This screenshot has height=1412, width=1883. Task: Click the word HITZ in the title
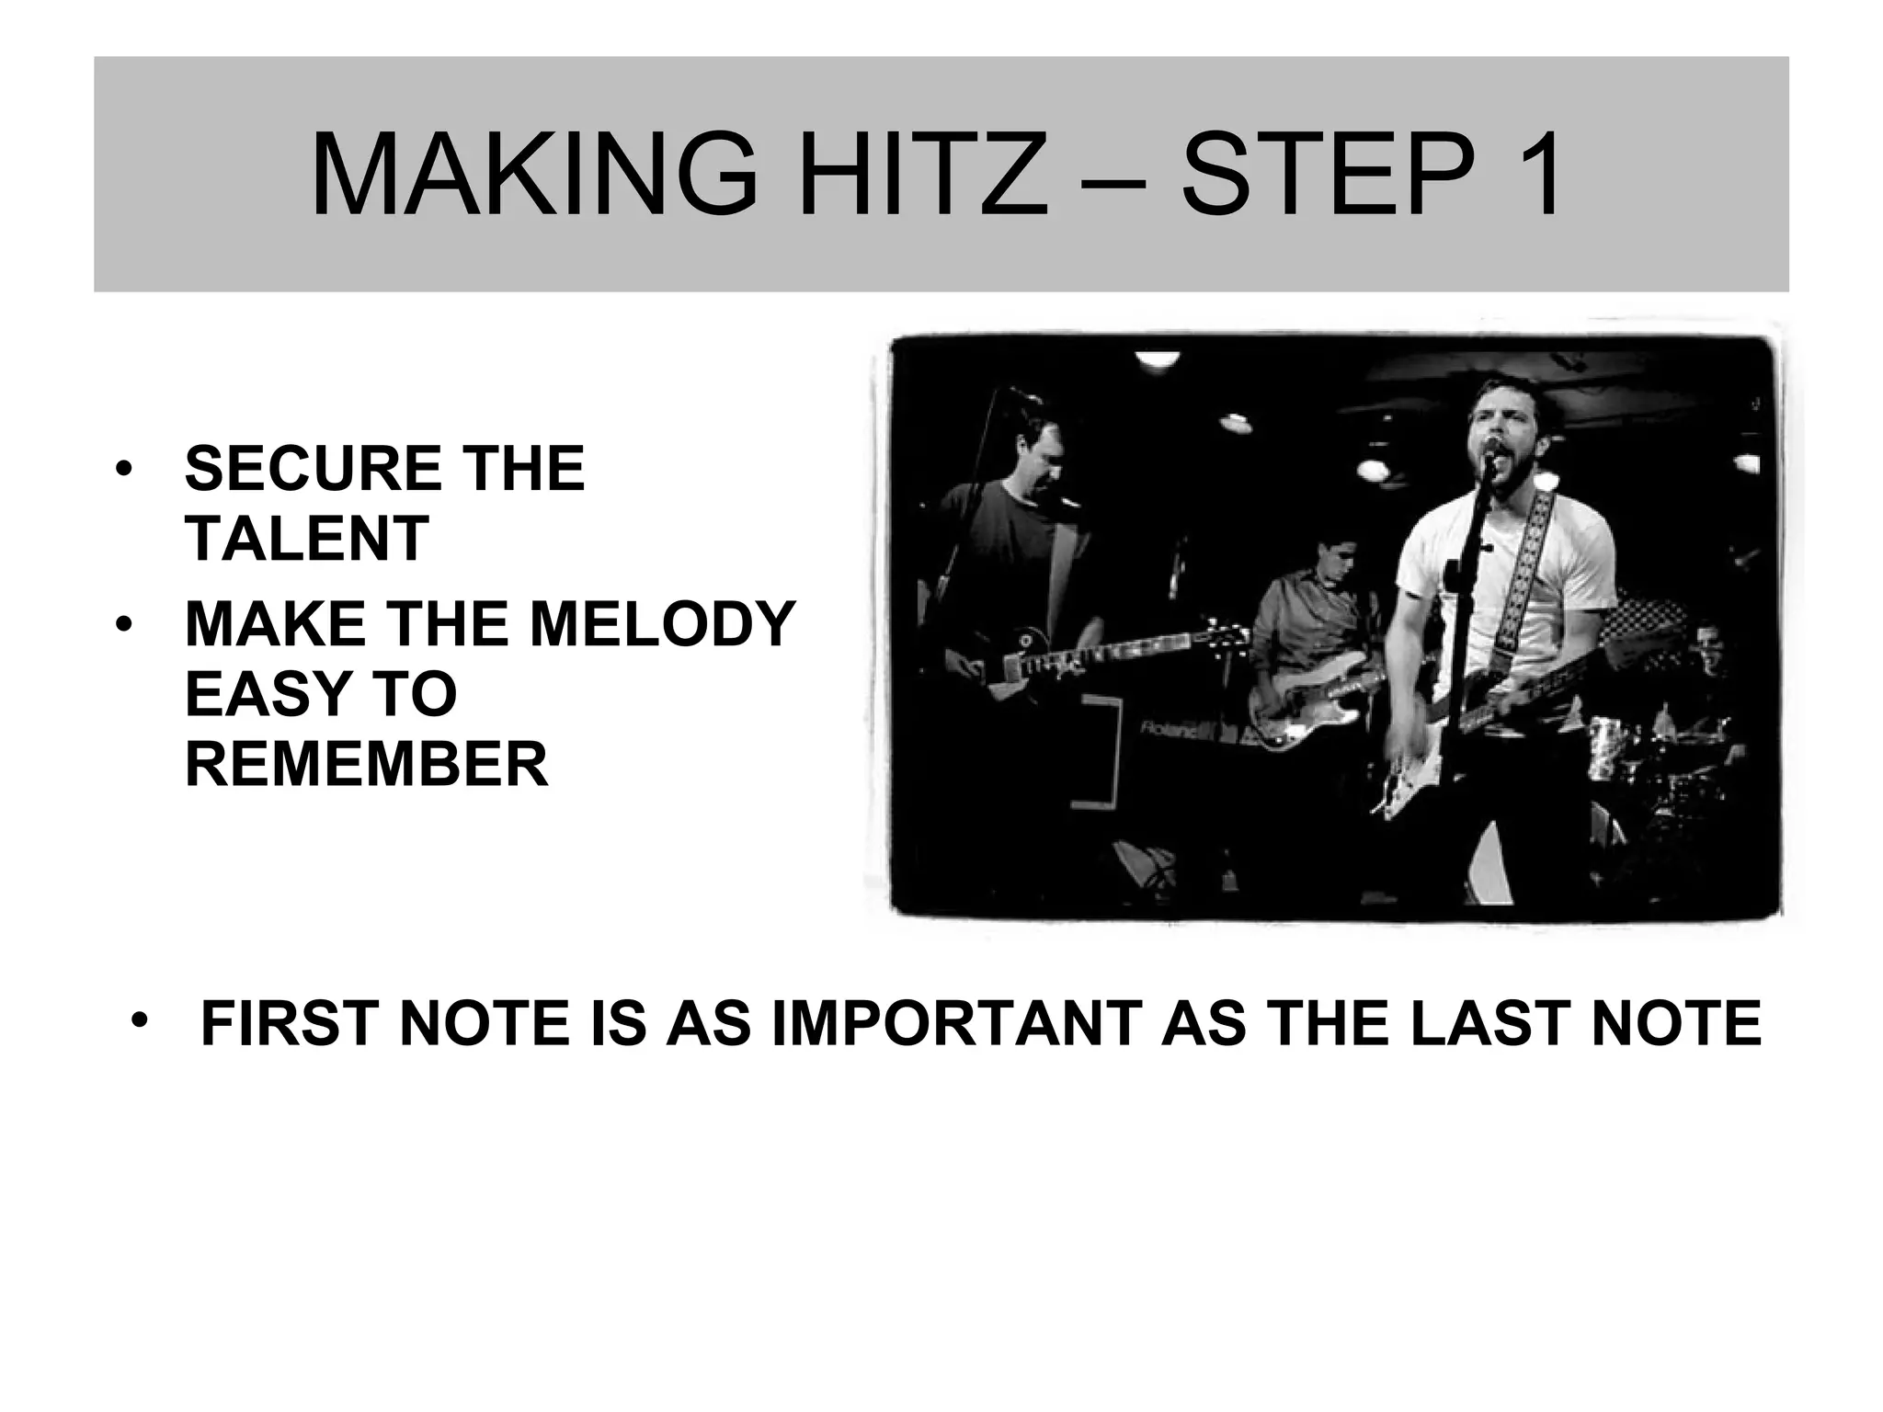pos(922,174)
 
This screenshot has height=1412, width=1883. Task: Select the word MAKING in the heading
pos(533,174)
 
